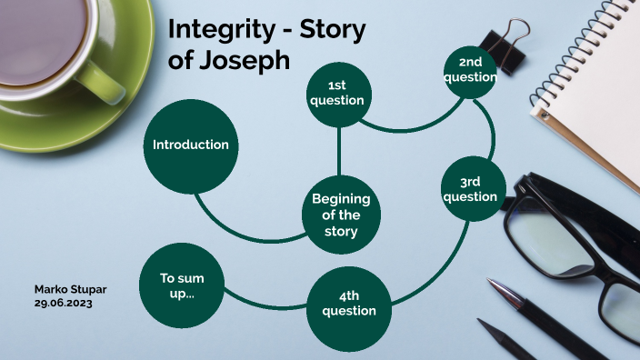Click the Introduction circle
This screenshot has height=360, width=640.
click(191, 145)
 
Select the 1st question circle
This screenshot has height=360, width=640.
click(337, 94)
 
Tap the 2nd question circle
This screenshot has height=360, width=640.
click(470, 70)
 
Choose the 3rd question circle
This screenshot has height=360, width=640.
click(470, 190)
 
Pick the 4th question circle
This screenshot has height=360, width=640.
click(349, 304)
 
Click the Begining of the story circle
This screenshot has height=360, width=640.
click(341, 215)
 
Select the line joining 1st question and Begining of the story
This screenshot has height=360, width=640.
click(339, 151)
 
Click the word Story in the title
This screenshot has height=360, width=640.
click(331, 31)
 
